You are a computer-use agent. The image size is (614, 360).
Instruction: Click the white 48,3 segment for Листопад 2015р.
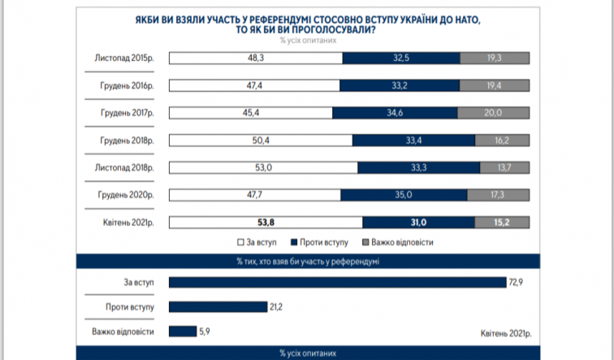coord(255,58)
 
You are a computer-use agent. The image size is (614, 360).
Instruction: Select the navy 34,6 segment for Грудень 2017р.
coord(396,112)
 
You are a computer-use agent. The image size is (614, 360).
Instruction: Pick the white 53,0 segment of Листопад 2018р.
coord(262,167)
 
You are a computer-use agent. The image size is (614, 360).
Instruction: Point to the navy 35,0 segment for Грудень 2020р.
coord(404,195)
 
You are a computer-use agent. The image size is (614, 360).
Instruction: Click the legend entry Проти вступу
coord(322,242)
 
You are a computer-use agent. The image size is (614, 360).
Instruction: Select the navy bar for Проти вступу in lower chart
coord(217,306)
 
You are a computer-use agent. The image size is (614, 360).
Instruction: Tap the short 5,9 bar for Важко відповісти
coord(182,331)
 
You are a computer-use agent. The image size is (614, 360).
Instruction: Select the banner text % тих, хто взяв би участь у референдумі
coord(307,261)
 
